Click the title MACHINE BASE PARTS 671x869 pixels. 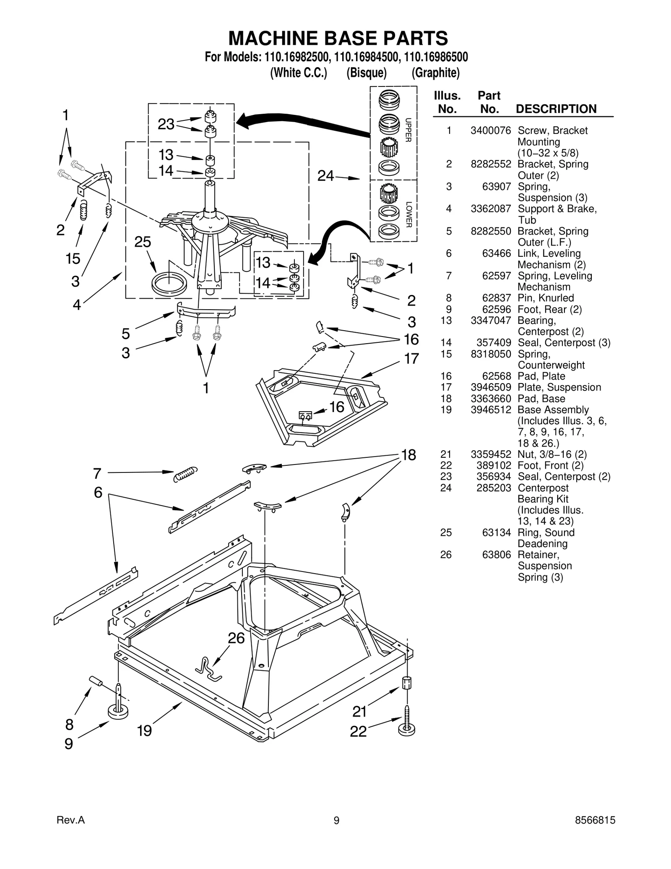(x=338, y=38)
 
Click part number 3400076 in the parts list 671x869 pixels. (x=490, y=130)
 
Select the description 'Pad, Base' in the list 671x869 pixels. (x=541, y=399)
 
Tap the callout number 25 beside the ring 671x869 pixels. (x=143, y=242)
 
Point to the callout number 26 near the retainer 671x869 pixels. (x=236, y=638)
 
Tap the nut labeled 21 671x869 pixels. (x=406, y=683)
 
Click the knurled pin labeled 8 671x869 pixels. (x=96, y=681)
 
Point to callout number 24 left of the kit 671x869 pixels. (x=325, y=176)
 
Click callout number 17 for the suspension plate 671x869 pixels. (x=411, y=359)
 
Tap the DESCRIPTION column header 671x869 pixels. (x=556, y=109)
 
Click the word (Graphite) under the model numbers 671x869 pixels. (x=435, y=73)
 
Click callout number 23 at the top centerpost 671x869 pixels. (x=166, y=124)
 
